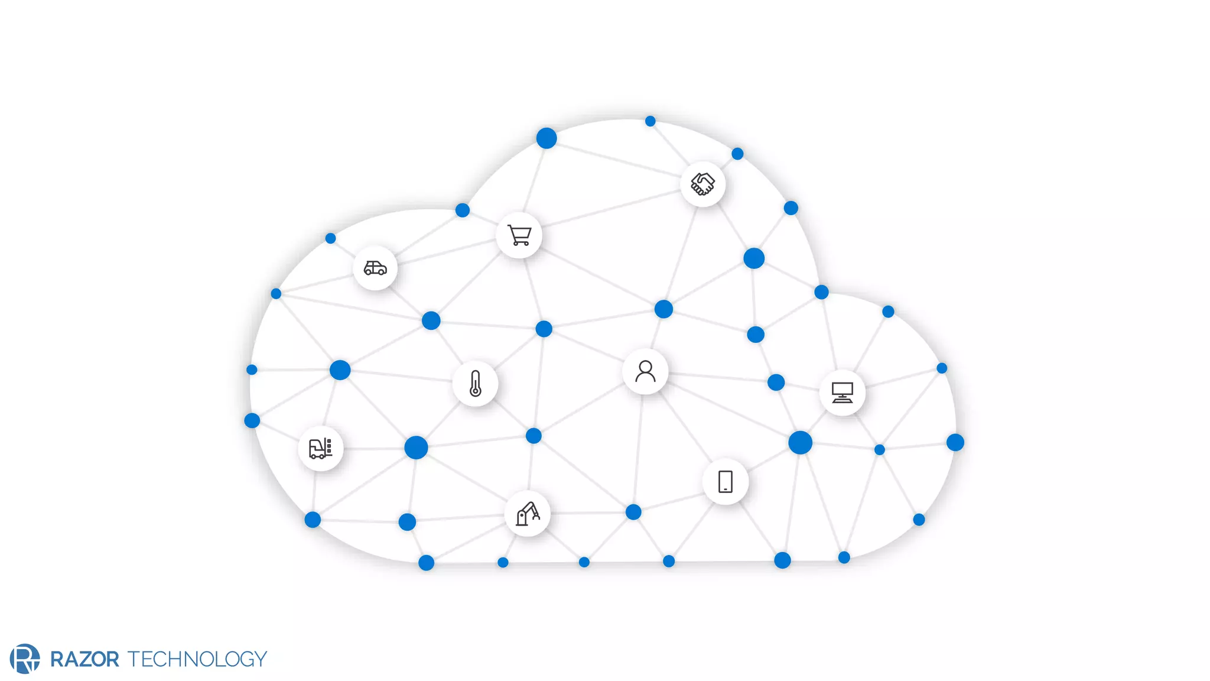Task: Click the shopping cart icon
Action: [x=519, y=235]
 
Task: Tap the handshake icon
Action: [x=703, y=184]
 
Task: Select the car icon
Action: [x=375, y=268]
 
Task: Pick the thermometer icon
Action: [x=476, y=383]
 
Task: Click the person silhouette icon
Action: [x=645, y=372]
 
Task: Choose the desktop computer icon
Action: [x=843, y=393]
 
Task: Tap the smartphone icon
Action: [x=726, y=482]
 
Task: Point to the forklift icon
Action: [x=321, y=448]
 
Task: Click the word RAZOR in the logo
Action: [x=84, y=659]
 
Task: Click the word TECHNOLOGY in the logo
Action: [x=197, y=659]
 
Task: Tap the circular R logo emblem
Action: [x=25, y=659]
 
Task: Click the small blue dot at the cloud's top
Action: [x=650, y=121]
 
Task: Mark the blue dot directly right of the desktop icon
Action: [x=942, y=368]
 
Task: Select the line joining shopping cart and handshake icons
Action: [x=611, y=210]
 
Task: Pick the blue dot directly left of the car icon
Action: [x=276, y=294]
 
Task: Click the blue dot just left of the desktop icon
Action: [x=776, y=382]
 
